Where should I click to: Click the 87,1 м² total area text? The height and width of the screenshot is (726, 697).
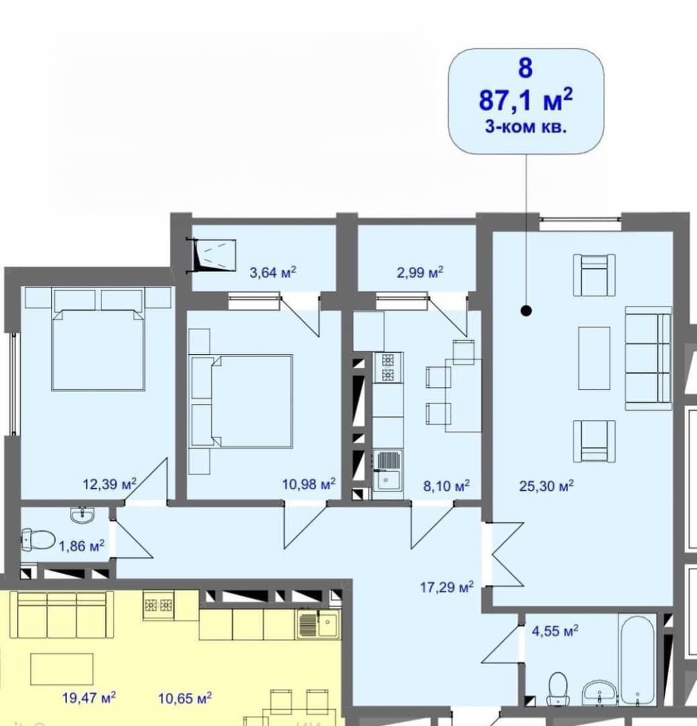tap(526, 99)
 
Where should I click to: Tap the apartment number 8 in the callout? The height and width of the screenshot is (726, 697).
tap(525, 68)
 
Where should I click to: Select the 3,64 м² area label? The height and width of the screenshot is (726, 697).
tap(273, 272)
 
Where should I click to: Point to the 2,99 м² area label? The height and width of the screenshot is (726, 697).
tap(420, 272)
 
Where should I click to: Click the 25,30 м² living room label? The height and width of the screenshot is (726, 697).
tap(547, 486)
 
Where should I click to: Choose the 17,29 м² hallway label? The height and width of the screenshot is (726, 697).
tap(447, 587)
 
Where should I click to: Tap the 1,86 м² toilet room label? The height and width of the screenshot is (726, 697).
tap(81, 546)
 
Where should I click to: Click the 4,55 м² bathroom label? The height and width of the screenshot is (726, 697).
tap(555, 631)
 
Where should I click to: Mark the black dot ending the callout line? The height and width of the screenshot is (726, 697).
tap(526, 311)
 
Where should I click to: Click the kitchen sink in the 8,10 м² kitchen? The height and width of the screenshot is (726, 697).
tap(387, 474)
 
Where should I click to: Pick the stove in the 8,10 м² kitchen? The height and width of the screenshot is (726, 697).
tap(387, 368)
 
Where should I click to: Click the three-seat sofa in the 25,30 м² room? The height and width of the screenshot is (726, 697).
tap(648, 358)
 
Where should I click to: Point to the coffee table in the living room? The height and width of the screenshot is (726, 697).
tap(594, 358)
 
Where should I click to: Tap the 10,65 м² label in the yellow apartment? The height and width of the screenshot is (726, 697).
tap(185, 697)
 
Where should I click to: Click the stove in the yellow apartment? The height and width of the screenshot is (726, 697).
tap(158, 605)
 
